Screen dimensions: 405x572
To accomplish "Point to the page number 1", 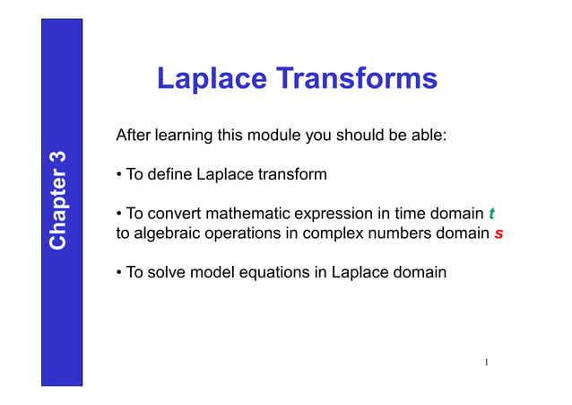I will click(x=484, y=363).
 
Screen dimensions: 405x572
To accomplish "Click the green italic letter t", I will click(x=491, y=214).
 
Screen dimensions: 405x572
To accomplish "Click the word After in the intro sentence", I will click(x=134, y=136).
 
